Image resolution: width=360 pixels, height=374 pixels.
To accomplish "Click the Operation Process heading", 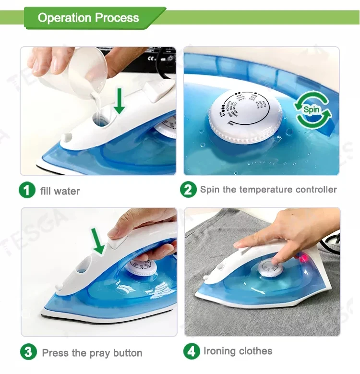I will pos(88,18).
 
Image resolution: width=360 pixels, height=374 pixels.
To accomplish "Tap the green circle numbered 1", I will pos(27,190).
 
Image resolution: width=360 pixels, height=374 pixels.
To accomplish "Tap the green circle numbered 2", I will pos(188,189).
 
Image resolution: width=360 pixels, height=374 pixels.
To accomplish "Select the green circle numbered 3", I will pos(28,352).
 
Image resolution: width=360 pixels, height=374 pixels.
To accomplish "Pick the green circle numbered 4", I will pos(192,351).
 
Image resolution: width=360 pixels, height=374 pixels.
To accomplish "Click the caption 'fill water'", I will pos(60,191).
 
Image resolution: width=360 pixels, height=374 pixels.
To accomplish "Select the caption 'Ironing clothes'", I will pos(238,351).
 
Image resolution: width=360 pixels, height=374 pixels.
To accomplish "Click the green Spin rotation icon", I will pos(312,109).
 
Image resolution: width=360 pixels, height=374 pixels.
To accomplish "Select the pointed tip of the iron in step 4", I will pos(198,291).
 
